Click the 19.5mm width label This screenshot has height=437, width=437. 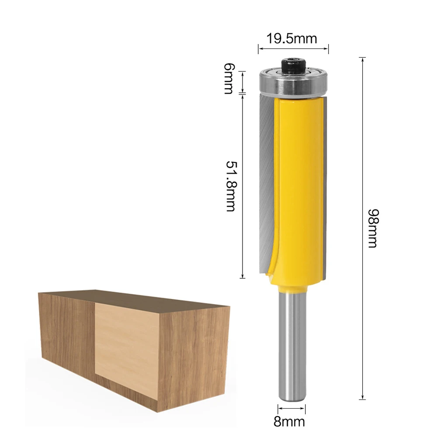point(292,38)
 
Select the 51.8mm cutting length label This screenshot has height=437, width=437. point(230,186)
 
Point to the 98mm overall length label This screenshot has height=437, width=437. point(372,228)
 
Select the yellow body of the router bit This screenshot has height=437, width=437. point(297,184)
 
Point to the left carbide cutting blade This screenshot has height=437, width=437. point(265,184)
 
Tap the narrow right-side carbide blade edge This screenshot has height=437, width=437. point(325,188)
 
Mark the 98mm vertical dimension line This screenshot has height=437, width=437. point(362,227)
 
